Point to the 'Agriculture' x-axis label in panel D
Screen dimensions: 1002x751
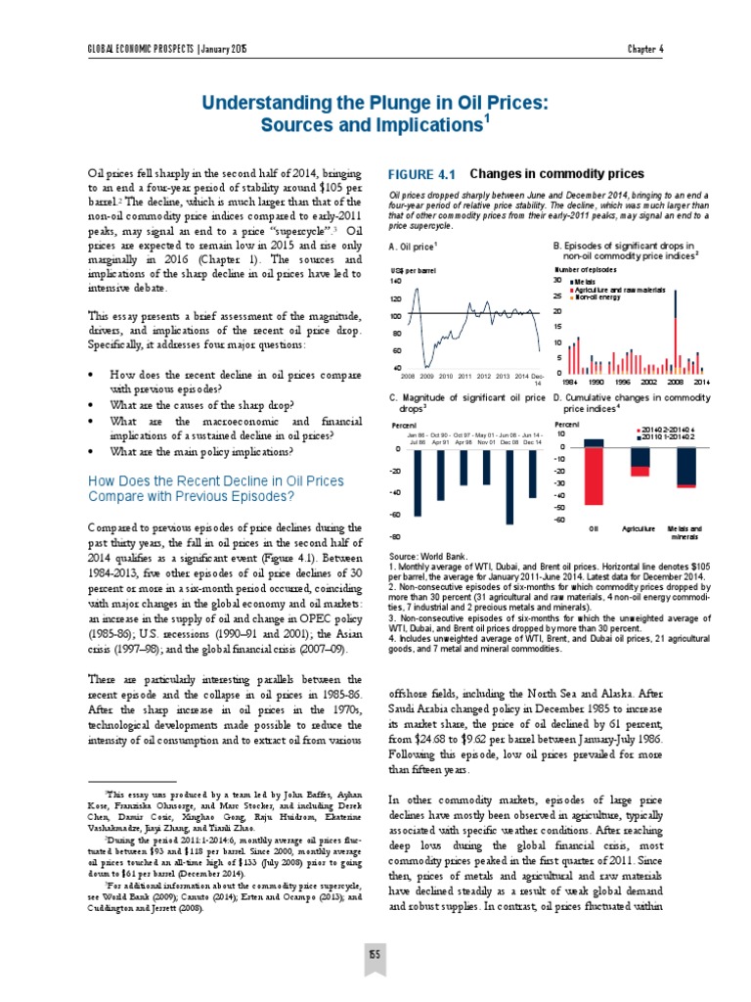639,528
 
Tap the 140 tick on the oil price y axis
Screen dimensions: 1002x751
395,281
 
